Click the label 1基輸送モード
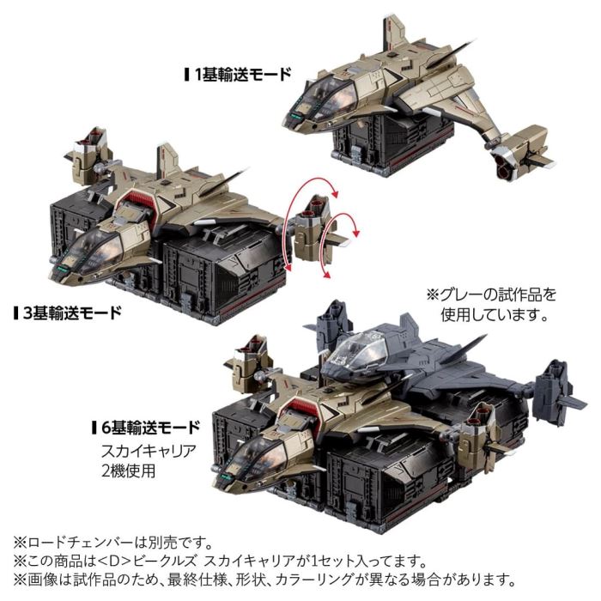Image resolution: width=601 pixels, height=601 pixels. click(x=243, y=74)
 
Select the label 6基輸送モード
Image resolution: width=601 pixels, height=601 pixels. click(x=150, y=426)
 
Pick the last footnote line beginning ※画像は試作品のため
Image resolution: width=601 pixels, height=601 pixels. click(x=300, y=580)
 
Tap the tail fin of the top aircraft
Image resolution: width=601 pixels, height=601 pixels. click(x=396, y=34)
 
